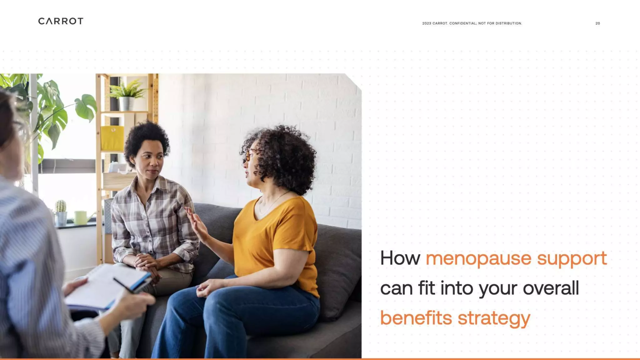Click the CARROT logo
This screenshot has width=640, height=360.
(x=61, y=21)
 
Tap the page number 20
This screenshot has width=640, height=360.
(x=597, y=23)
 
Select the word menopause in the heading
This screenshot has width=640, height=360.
(x=478, y=259)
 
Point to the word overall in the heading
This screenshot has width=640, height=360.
(x=551, y=288)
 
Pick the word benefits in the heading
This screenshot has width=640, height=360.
(x=416, y=318)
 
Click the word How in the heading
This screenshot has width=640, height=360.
(x=400, y=259)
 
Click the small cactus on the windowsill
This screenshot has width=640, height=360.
(x=61, y=207)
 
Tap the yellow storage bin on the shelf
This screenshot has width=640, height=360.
(x=112, y=138)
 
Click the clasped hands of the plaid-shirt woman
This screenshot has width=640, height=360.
(x=147, y=262)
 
